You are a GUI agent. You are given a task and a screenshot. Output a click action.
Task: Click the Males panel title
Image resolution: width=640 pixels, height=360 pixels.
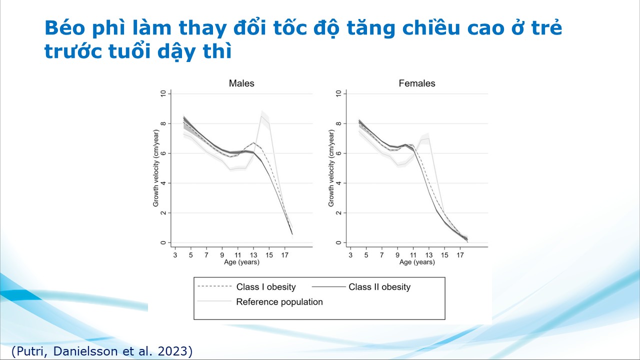click(241, 83)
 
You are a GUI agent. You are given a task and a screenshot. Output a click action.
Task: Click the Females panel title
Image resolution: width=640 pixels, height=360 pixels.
click(417, 83)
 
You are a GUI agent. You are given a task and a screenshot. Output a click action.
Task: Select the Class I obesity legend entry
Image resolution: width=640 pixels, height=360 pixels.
click(266, 287)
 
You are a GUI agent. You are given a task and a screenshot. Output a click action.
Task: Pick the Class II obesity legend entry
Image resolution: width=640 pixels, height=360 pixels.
click(379, 287)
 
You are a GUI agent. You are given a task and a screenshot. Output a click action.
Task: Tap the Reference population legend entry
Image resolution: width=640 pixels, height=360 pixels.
click(279, 302)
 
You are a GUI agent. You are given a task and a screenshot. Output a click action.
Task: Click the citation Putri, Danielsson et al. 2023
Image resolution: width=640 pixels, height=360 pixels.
click(102, 351)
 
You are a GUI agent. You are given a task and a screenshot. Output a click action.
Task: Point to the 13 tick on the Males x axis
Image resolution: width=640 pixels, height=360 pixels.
click(253, 255)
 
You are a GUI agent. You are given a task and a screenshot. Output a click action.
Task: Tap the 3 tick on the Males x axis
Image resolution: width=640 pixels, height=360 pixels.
click(175, 255)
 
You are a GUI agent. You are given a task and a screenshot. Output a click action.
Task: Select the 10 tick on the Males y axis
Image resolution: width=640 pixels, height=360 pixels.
click(163, 93)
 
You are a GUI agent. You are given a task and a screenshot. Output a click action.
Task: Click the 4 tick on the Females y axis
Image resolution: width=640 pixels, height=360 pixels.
click(338, 183)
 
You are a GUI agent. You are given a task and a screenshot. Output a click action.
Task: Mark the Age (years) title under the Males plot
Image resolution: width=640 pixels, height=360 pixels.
click(241, 262)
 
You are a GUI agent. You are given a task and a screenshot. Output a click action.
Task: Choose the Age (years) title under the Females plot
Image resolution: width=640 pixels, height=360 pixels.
click(417, 262)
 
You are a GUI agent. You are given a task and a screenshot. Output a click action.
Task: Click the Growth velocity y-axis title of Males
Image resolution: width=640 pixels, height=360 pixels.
click(156, 168)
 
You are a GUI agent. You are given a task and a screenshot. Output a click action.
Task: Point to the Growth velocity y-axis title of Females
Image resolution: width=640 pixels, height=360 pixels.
click(331, 168)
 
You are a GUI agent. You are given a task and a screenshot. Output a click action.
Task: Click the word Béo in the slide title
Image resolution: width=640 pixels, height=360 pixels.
click(61, 28)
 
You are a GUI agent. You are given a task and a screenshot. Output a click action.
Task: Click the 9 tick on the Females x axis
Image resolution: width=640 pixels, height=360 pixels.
click(398, 255)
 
